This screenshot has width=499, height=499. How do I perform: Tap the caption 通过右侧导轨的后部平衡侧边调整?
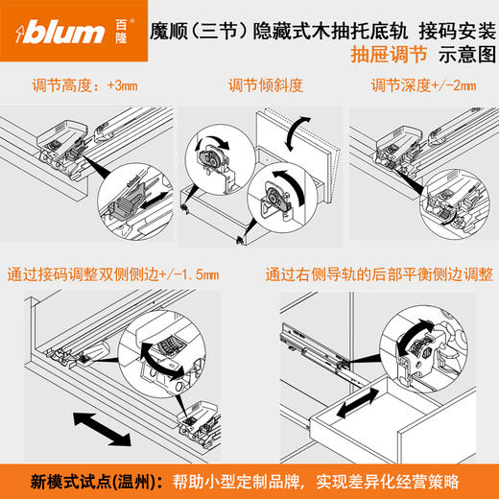tap(379, 276)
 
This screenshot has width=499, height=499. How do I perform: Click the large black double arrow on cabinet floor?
tap(99, 427)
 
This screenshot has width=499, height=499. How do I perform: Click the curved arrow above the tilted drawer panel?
tap(303, 129)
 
